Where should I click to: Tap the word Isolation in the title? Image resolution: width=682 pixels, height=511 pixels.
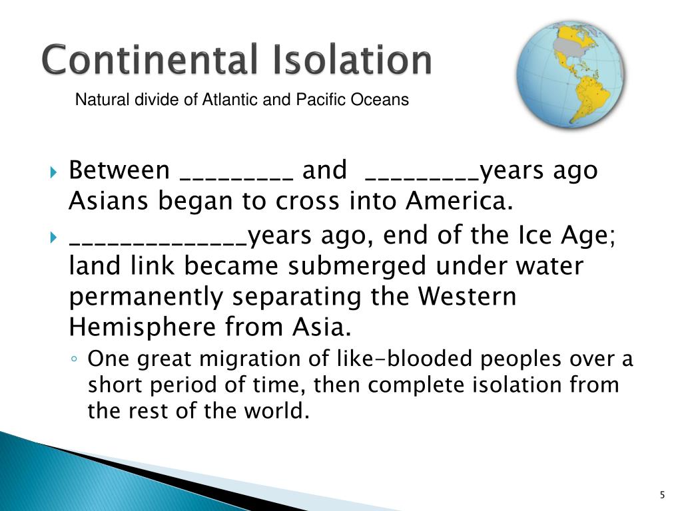(x=351, y=60)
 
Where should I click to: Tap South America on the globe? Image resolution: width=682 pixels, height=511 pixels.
(x=589, y=100)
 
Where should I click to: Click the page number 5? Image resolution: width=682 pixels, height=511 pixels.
(x=661, y=494)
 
